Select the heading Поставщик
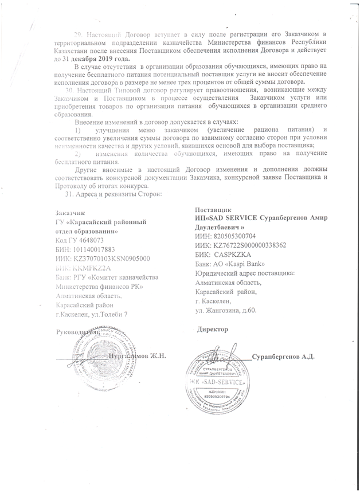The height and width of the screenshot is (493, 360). (x=213, y=210)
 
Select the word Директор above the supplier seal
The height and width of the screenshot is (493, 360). (x=213, y=330)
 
